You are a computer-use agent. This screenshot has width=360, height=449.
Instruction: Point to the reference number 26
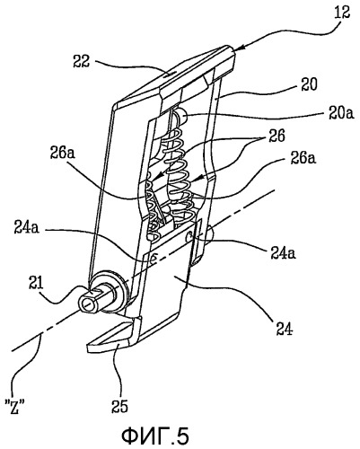coord(276,136)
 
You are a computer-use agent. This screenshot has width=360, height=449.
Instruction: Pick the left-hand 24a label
coord(26,229)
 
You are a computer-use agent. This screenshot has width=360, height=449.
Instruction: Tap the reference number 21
coord(35,282)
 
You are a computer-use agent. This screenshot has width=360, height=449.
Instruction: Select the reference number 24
coord(284,330)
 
